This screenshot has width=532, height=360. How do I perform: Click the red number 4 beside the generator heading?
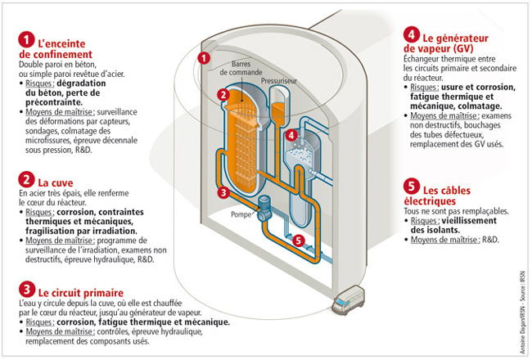[411, 36]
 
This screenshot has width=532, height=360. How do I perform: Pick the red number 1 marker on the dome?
[205, 57]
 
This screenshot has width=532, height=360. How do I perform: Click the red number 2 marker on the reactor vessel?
[222, 95]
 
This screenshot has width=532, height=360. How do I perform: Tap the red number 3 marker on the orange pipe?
[222, 193]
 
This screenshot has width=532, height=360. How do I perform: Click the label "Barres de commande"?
[248, 69]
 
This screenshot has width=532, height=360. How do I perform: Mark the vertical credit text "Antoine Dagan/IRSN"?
[521, 320]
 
